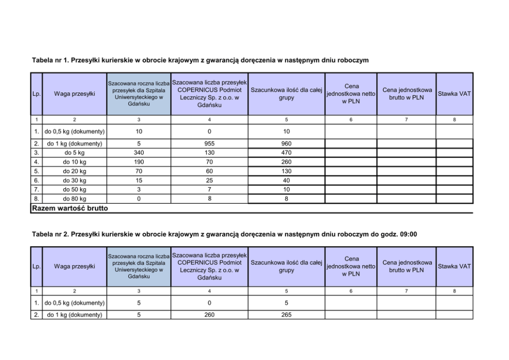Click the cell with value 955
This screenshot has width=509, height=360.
(x=209, y=144)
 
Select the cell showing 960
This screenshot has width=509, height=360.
(x=286, y=144)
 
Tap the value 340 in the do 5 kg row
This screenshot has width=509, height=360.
(x=139, y=153)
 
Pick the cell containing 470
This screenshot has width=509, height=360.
(x=286, y=153)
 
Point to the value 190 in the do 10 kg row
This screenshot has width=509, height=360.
(x=139, y=162)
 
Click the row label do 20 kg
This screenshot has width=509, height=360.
(x=74, y=171)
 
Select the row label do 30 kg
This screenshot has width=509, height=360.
(x=74, y=181)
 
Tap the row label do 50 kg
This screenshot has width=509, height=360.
(x=74, y=190)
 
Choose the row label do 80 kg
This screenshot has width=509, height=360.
(x=74, y=198)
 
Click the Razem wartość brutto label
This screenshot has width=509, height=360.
(x=70, y=208)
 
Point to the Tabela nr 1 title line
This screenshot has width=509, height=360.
(x=200, y=61)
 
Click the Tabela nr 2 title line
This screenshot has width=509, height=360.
(x=224, y=234)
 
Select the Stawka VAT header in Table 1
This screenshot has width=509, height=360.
(x=454, y=94)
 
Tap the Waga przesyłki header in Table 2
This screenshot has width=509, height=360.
(x=74, y=266)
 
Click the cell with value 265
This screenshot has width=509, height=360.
(x=286, y=315)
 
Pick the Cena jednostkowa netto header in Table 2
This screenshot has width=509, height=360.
(x=351, y=266)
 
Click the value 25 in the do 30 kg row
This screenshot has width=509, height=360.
(x=209, y=181)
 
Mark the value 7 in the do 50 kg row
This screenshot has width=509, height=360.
(x=209, y=190)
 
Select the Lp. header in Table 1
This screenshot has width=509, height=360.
(x=36, y=94)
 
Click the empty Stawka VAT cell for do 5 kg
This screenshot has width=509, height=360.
(x=454, y=153)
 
